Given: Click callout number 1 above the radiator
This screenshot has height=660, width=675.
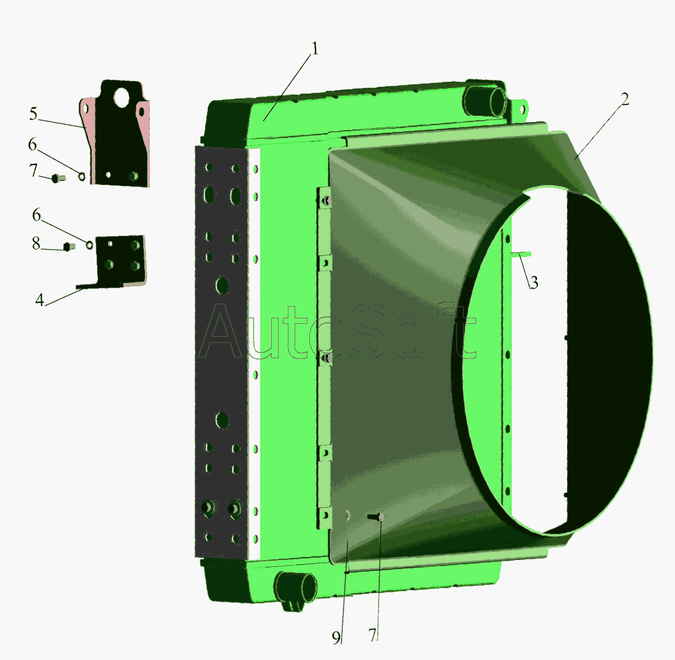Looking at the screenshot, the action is (315, 48).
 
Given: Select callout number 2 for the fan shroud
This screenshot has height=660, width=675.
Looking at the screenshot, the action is (625, 99).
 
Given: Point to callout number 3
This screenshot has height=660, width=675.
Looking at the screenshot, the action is (534, 283).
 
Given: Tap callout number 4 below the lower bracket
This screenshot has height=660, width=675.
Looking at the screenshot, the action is (40, 300).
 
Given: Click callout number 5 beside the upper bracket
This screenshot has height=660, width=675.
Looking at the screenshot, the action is (34, 114).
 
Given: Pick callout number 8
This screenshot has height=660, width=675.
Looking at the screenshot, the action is (36, 244).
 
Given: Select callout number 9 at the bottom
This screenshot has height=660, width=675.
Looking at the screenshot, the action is (336, 638).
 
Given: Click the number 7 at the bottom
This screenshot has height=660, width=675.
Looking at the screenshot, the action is (372, 635).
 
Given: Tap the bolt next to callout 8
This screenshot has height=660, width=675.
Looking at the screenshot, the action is (69, 247).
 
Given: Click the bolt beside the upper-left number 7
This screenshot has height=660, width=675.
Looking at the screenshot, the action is (58, 178).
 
